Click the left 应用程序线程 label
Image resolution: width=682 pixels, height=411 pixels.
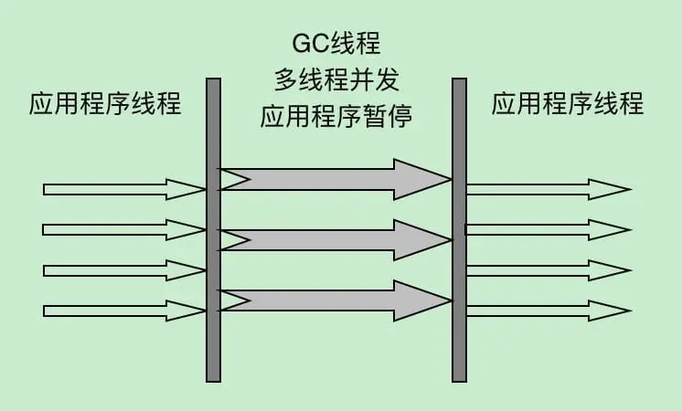(105, 104)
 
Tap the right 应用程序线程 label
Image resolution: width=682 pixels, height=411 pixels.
(568, 104)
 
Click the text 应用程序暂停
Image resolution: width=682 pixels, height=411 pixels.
(336, 116)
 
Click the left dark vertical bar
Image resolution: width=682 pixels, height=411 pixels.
(213, 228)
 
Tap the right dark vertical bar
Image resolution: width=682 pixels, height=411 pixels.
(460, 228)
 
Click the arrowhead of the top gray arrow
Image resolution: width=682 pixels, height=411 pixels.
(420, 179)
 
